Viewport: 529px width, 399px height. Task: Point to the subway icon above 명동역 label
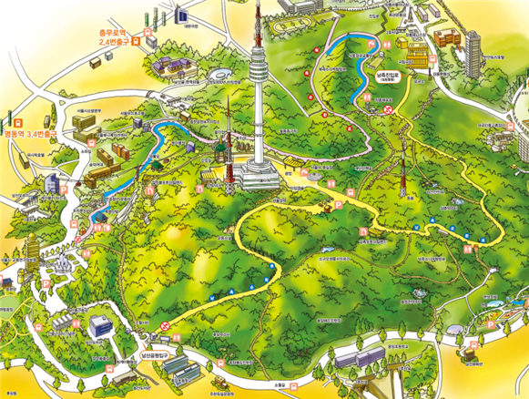click(16, 119)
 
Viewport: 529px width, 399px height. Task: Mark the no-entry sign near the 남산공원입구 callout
click(166, 325)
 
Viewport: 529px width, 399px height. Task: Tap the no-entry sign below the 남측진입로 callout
click(390, 108)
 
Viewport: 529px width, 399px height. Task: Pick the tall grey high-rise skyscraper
click(474, 40)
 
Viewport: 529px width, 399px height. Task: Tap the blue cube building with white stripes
click(97, 325)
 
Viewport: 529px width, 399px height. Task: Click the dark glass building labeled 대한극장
click(180, 15)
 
